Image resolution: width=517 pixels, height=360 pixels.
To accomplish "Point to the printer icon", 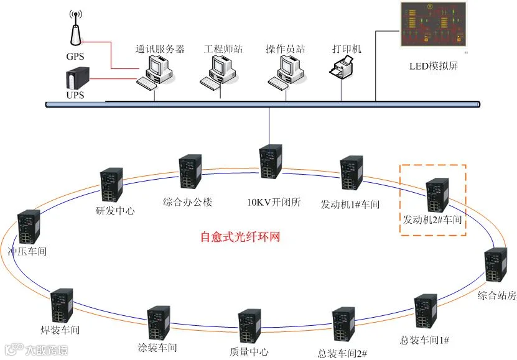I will (x=342, y=67).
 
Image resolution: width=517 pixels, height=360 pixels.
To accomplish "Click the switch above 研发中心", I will (x=113, y=185).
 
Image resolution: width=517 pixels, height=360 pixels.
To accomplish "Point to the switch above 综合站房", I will (x=495, y=267).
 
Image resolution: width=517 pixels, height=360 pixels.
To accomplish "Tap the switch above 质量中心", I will (x=249, y=326).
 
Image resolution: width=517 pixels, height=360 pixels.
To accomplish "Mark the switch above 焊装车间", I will (x=61, y=306).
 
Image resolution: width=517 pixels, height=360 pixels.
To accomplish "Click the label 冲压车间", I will (x=27, y=252).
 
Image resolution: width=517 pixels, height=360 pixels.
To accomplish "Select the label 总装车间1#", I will (x=425, y=339).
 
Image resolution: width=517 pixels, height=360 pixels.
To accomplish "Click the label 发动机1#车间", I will (x=350, y=204).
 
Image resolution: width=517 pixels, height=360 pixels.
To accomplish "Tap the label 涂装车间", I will (x=157, y=348).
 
